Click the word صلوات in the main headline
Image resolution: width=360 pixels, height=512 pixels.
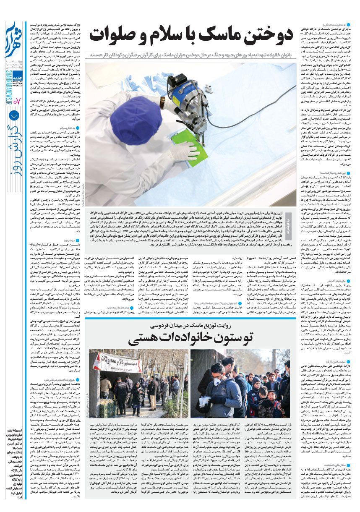tap(111, 36)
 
